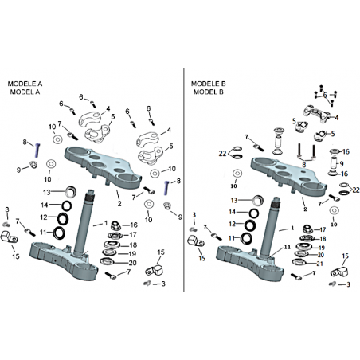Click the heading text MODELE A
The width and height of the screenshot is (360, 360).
click(25, 84)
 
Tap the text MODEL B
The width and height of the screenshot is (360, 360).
click(209, 92)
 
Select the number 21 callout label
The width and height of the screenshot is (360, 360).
click(319, 264)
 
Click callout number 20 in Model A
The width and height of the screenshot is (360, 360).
click(132, 263)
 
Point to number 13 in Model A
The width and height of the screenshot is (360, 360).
click(47, 192)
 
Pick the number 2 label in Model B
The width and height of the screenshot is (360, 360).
click(305, 209)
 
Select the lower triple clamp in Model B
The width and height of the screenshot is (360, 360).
click(249, 263)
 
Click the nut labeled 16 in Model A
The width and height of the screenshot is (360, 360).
click(115, 225)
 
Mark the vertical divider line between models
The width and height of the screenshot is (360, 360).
click(184, 179)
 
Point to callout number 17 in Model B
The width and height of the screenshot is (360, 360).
click(323, 229)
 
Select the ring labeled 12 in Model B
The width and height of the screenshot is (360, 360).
click(249, 225)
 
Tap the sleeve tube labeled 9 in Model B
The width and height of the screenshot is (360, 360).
click(334, 162)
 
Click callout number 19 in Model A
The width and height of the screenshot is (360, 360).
click(132, 254)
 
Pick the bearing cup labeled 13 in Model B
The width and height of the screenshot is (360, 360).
click(258, 201)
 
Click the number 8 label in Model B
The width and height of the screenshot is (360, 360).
click(304, 165)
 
